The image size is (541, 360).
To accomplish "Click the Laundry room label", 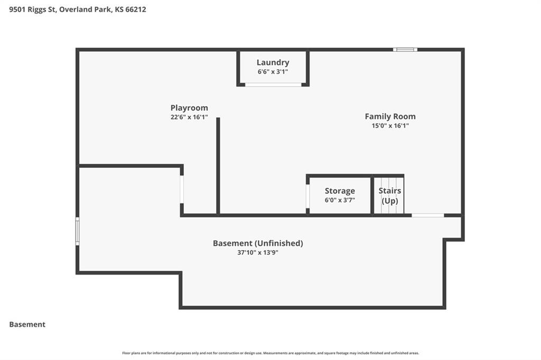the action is tap(273, 63).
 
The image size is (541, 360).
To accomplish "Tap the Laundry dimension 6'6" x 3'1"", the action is tap(273, 72).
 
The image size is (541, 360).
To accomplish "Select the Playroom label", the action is tap(189, 108).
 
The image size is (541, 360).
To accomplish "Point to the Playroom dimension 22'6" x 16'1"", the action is tap(189, 117).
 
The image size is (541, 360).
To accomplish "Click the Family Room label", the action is tap(390, 117).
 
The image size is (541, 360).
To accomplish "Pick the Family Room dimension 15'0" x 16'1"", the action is tap(390, 126).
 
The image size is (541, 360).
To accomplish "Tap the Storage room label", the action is tap(340, 191).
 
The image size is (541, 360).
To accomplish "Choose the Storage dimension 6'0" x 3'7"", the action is tap(340, 200).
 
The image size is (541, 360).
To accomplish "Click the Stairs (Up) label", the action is tap(390, 195).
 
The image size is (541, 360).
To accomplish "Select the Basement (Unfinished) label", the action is tap(258, 243).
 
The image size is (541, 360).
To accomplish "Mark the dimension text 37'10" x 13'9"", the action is tap(258, 252).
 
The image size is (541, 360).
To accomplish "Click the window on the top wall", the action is tap(405, 50).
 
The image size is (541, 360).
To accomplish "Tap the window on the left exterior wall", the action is tap(78, 231).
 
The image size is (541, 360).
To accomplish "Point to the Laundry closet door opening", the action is tap(273, 84).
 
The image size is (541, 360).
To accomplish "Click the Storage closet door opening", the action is tap(308, 196).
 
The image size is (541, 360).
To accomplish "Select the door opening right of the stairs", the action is tap(428, 215).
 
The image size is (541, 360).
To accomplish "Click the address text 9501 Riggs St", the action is tap(32, 10).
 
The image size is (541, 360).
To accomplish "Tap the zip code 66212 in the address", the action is tap(136, 10).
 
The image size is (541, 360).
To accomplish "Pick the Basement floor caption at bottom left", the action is tap(27, 325).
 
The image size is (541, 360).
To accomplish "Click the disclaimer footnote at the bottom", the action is tap(270, 353).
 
